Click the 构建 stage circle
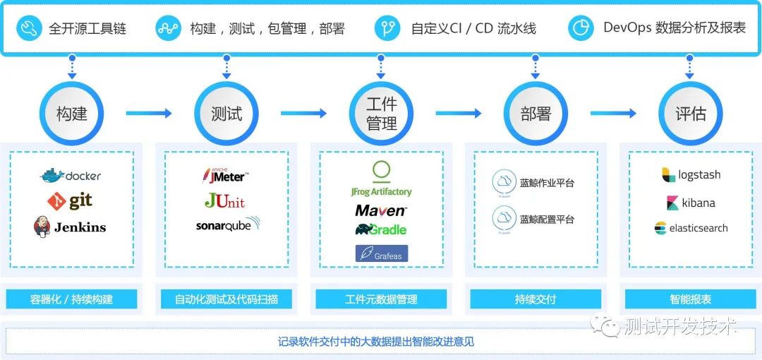71,114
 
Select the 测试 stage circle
226,114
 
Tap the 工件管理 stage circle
381,114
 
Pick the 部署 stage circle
536,114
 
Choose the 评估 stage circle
690,114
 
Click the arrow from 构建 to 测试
149,114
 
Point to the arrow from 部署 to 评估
613,114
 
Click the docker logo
71,175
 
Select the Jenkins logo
71,227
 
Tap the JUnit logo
225,201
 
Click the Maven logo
381,210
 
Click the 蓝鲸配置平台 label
547,220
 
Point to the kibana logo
690,203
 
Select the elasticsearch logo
691,228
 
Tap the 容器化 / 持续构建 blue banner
71,299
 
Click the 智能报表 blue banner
690,299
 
